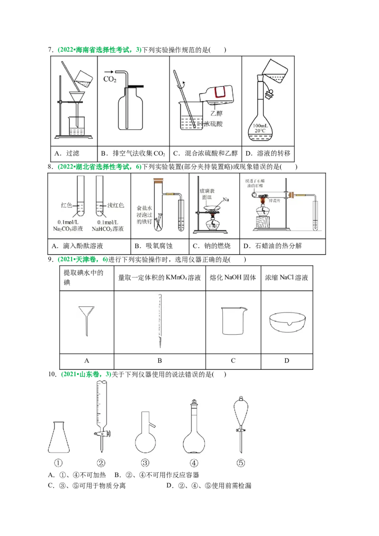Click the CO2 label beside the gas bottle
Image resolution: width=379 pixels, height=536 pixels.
click(110, 79)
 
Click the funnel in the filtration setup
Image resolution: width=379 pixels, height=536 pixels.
click(75, 98)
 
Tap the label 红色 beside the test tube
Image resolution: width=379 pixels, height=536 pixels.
click(66, 205)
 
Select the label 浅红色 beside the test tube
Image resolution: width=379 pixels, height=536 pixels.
click(115, 205)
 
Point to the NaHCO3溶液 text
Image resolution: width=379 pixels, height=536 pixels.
click(110, 229)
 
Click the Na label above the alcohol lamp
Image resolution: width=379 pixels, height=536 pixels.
click(226, 200)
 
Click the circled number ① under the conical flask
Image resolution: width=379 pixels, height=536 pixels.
click(58, 463)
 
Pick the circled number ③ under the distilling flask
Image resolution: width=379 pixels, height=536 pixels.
click(145, 463)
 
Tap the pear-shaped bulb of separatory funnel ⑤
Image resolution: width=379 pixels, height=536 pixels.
click(241, 410)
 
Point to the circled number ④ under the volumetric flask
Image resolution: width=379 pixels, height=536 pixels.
click(194, 463)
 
